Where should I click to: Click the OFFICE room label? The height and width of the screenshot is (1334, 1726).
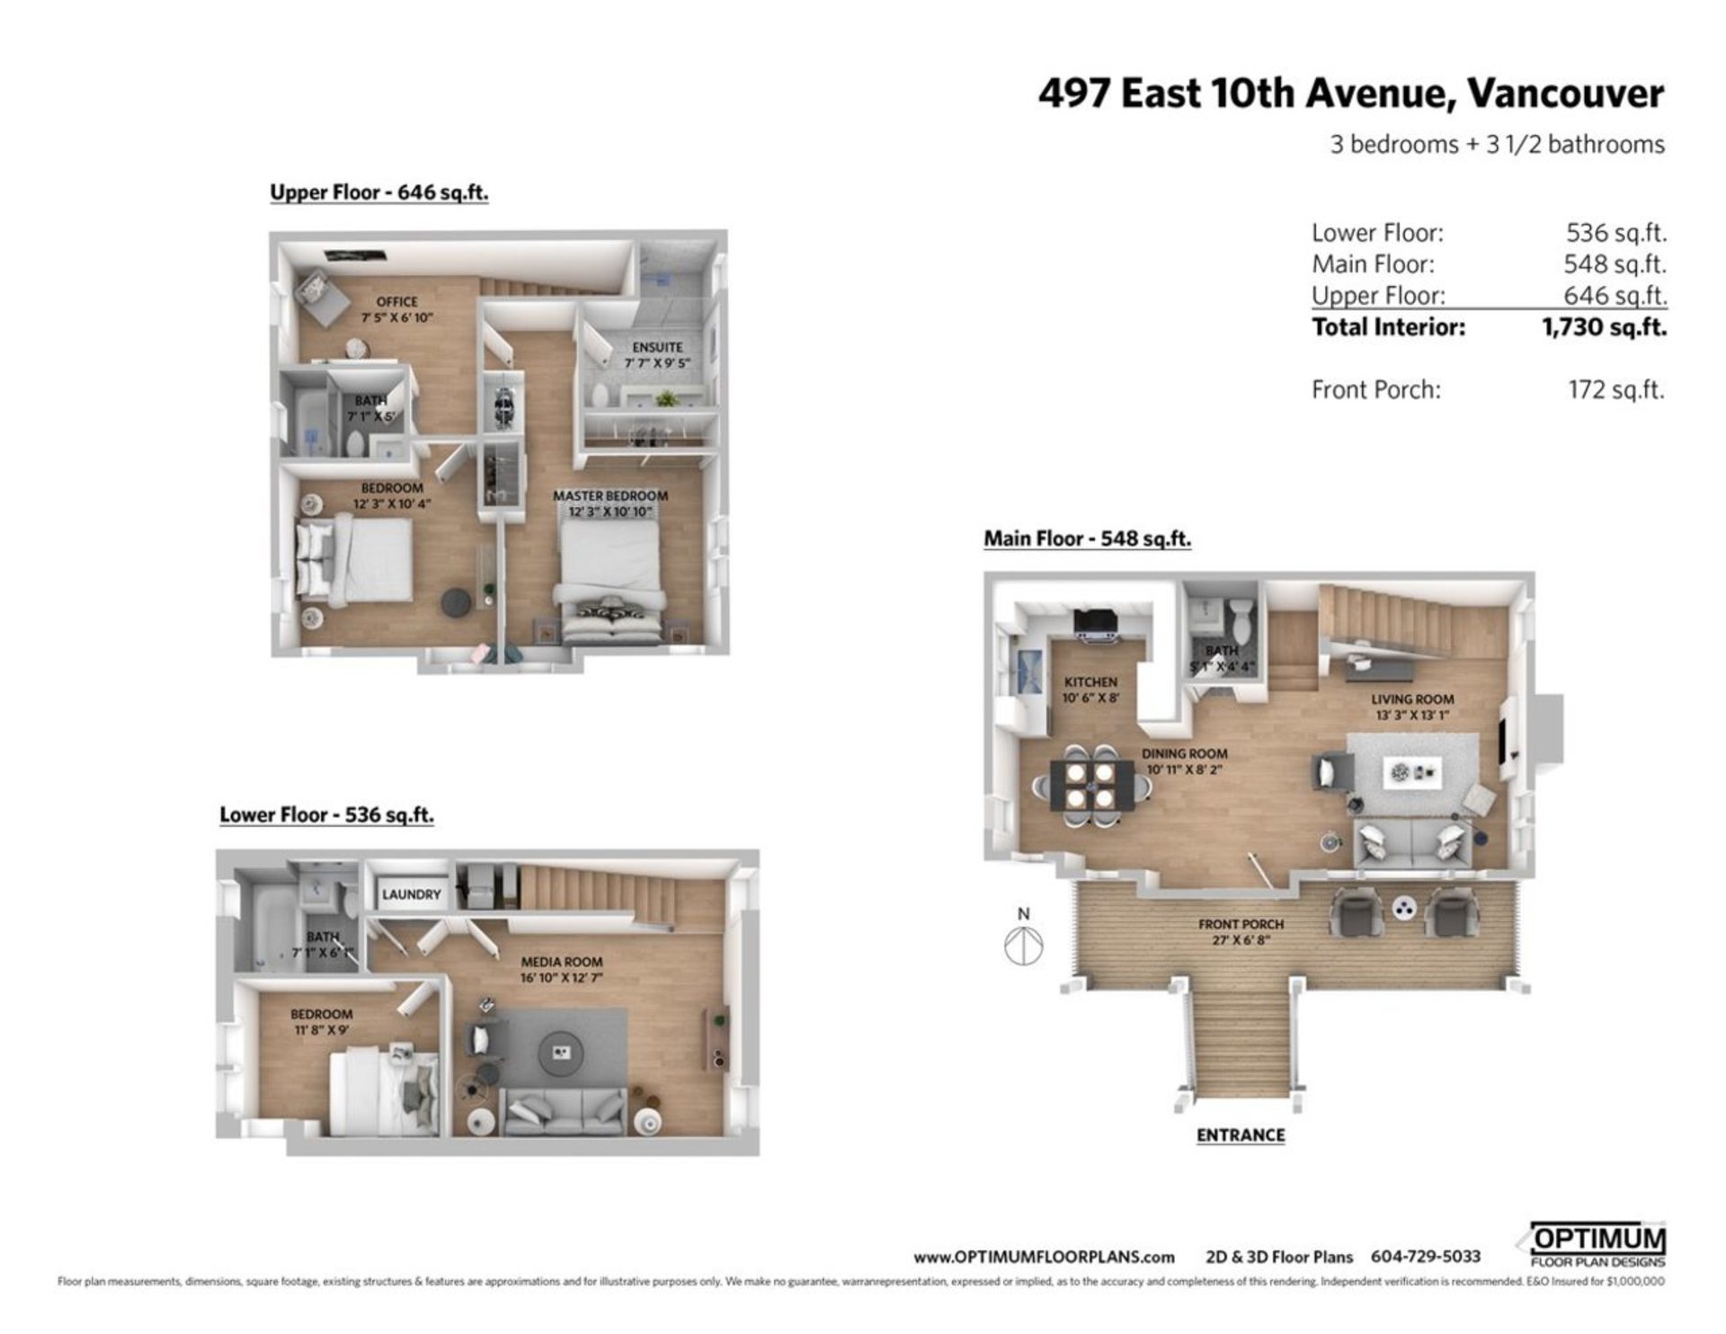coord(396,302)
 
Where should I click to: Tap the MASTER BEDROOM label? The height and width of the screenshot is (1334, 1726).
coord(610,496)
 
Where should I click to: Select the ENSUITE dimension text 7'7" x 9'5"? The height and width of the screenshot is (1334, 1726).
coord(657,363)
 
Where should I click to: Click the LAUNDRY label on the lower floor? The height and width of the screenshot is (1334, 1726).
coord(411,894)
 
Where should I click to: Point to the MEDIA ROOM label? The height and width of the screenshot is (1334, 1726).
coord(562,962)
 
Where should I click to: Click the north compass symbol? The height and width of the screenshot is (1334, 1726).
coord(1024,945)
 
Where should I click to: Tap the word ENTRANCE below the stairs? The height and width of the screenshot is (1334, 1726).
coord(1240,1135)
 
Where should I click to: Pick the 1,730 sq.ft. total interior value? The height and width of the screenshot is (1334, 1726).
coord(1604,327)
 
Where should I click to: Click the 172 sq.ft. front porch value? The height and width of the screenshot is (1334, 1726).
coord(1615,390)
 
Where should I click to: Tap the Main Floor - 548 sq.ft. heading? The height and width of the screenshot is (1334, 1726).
coord(1087,539)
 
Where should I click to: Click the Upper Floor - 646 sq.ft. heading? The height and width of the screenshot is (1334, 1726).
coord(379,192)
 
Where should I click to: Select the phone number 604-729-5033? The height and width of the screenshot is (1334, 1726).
coord(1425,1257)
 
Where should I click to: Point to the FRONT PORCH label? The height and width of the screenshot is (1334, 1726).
coord(1241,924)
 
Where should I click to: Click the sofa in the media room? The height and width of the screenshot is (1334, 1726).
coord(565,1112)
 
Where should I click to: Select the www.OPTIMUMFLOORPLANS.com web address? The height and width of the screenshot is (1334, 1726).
coord(1044,1258)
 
